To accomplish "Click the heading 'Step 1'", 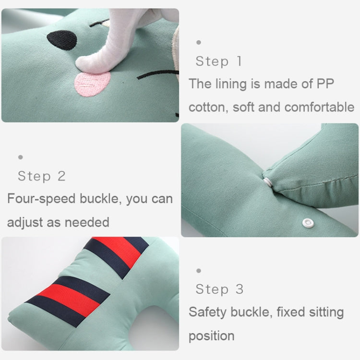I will click(x=218, y=61).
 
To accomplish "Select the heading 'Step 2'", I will click(x=41, y=176).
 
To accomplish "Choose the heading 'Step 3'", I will click(x=219, y=289).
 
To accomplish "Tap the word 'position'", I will click(x=211, y=336).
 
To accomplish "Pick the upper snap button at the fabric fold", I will click(x=267, y=181).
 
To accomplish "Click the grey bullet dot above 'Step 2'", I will click(x=20, y=157).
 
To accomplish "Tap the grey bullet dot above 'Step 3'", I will click(x=199, y=271).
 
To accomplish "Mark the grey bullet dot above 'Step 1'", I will click(x=199, y=42).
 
